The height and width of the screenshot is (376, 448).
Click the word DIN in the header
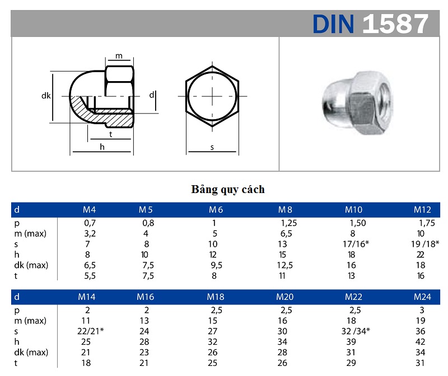pyautogui.click(x=333, y=23)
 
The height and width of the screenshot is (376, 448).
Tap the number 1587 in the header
pyautogui.click(x=395, y=23)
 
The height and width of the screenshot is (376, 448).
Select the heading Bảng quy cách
pyautogui.click(x=228, y=189)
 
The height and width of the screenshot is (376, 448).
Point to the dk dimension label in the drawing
pyautogui.click(x=46, y=96)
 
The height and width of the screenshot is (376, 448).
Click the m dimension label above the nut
pyautogui.click(x=119, y=57)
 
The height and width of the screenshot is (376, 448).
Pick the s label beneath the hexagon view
pyautogui.click(x=212, y=148)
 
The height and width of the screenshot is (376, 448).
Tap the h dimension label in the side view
pyautogui.click(x=102, y=147)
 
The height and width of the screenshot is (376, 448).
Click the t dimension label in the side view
pyautogui.click(x=110, y=135)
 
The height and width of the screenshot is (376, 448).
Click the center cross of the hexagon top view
pyautogui.click(x=212, y=96)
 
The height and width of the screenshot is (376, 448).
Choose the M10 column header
pyautogui.click(x=353, y=210)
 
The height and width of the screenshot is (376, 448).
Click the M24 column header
pyautogui.click(x=422, y=297)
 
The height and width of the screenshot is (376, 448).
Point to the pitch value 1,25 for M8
pyautogui.click(x=286, y=223)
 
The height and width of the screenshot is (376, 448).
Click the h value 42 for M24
pyautogui.click(x=421, y=341)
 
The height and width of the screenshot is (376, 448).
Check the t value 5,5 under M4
pyautogui.click(x=90, y=275)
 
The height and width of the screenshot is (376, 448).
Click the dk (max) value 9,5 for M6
pyautogui.click(x=215, y=265)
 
